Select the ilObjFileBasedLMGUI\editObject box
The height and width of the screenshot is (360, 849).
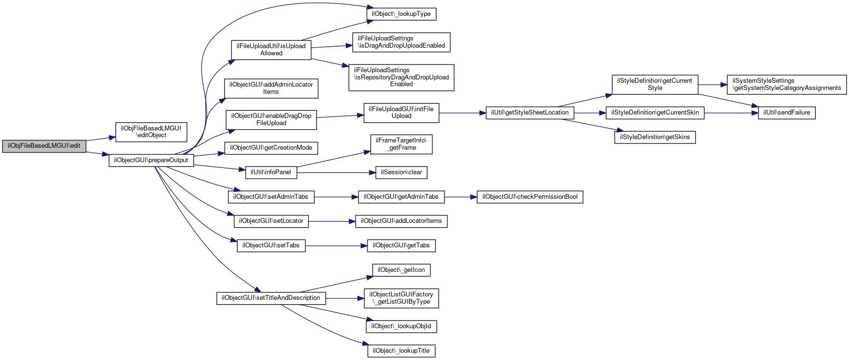pos(151,131)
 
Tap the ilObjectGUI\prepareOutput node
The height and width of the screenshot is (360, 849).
pos(151,160)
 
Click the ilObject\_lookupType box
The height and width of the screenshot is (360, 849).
pos(402,14)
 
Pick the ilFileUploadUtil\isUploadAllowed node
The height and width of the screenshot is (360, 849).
pos(271,50)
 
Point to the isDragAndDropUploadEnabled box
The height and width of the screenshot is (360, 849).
pos(401,42)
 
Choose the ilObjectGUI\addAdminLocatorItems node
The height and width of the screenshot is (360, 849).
pos(271,88)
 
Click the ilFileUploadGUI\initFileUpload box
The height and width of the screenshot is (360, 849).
pos(401,113)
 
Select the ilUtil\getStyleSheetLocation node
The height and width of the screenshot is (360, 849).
pos(530,113)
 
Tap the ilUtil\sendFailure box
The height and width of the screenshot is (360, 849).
pos(786,113)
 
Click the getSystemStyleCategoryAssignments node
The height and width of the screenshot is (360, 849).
pos(786,85)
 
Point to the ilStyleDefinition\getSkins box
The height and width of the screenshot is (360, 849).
pos(655,137)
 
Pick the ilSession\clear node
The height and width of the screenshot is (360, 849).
pos(401,172)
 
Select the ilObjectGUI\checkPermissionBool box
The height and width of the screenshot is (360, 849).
pos(530,197)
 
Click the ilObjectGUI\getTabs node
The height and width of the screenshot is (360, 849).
pos(401,245)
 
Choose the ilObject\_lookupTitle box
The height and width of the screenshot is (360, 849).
pos(401,351)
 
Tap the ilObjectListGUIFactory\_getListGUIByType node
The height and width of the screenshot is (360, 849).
pos(401,298)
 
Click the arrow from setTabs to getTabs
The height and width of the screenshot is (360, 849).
pos(336,246)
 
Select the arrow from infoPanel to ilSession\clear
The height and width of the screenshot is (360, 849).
pos(336,172)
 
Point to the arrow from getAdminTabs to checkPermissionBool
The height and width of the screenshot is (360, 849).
pos(460,197)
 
